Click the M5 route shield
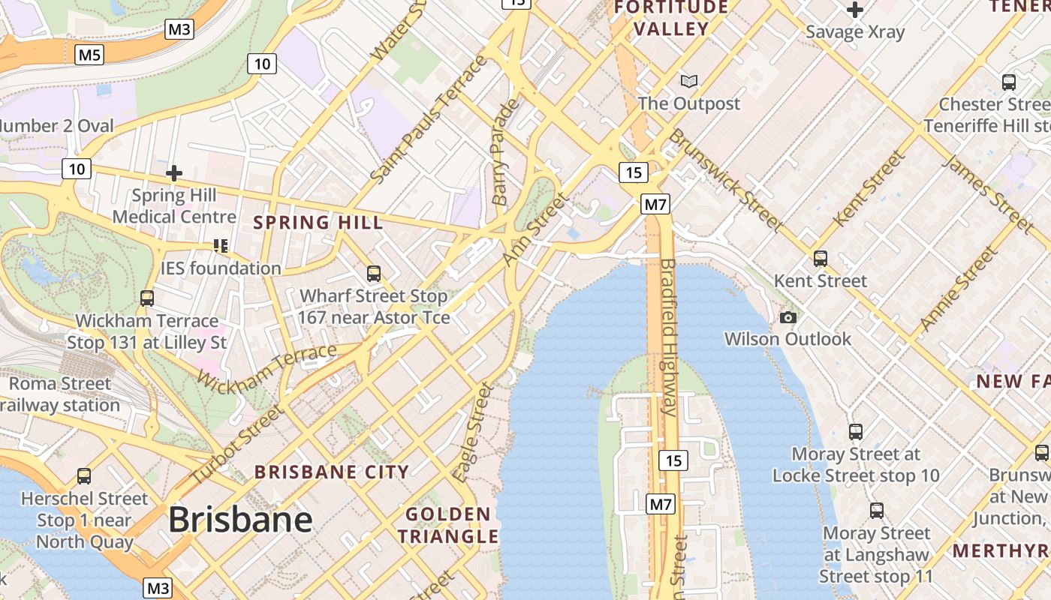[89, 54]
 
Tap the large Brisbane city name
[239, 519]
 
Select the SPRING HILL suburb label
[318, 223]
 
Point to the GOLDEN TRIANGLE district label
[448, 525]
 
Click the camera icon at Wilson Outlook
[787, 317]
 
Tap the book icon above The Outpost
[688, 80]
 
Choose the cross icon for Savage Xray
[854, 10]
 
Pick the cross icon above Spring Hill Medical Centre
[174, 173]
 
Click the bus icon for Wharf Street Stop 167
[373, 274]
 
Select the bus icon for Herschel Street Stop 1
[84, 476]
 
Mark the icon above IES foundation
[220, 245]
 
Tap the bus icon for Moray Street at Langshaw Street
[876, 511]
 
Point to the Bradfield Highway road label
[668, 337]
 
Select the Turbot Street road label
[236, 444]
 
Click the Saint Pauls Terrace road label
[429, 118]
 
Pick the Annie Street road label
[960, 289]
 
